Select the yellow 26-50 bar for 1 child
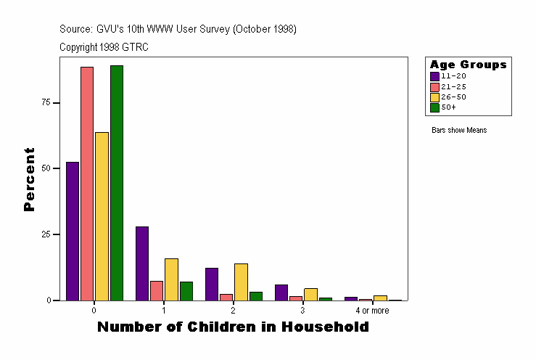click(x=171, y=279)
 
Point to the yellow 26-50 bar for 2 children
click(x=241, y=282)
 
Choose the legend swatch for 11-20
click(x=434, y=76)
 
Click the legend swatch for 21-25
click(x=434, y=86)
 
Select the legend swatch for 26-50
click(x=434, y=97)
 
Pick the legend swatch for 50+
click(x=434, y=107)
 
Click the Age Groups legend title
click(x=468, y=65)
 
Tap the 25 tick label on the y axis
click(x=46, y=234)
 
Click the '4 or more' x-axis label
click(x=372, y=311)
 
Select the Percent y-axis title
click(x=29, y=179)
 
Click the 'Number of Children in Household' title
click(x=233, y=327)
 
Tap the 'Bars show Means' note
click(x=459, y=131)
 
